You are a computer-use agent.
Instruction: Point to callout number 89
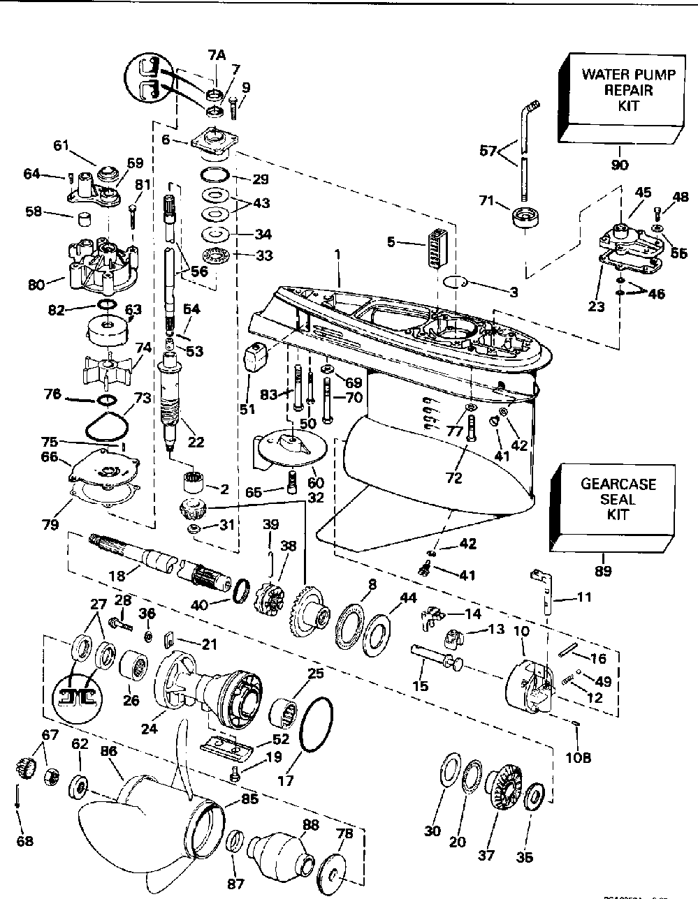point(603,571)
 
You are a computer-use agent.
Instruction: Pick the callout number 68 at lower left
point(25,841)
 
